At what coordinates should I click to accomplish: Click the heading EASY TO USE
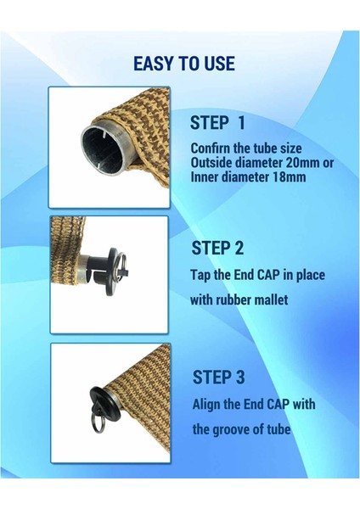pos(184,64)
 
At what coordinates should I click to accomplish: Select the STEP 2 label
pos(217,248)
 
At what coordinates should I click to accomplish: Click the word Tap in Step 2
pos(201,276)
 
